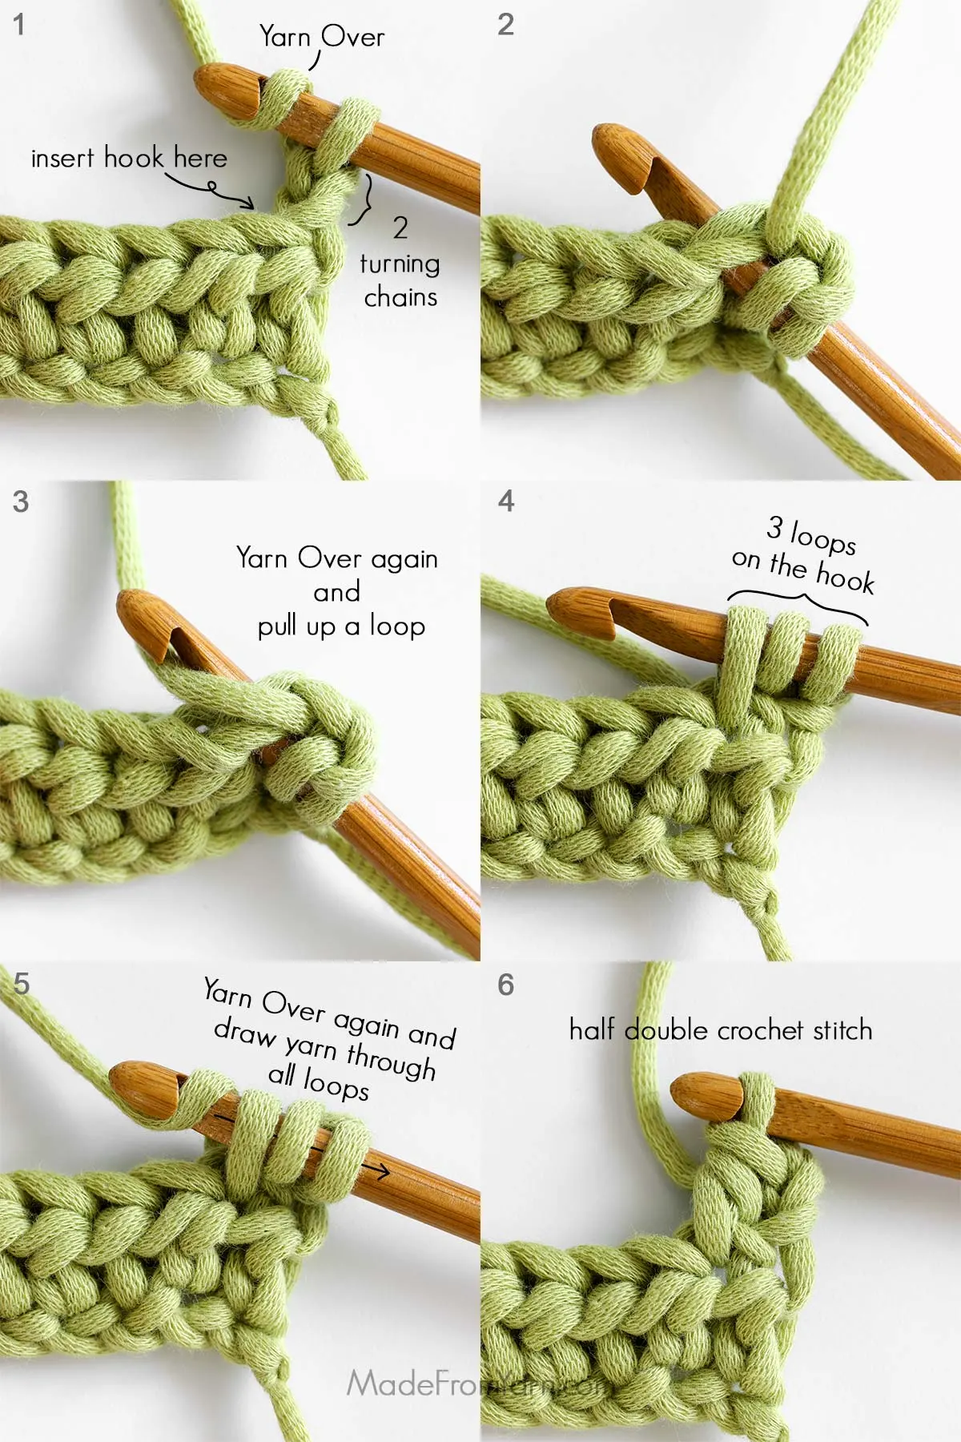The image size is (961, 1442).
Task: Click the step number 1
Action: coord(19,25)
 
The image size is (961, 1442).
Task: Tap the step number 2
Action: coord(505,25)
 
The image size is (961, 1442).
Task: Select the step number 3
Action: coord(21,502)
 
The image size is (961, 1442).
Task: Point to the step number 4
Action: coord(506,501)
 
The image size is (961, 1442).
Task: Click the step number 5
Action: coord(22,983)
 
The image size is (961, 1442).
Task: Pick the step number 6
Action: coord(506,985)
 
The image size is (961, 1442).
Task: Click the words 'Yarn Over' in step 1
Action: coord(321,37)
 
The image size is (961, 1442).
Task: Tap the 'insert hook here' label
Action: coord(129,158)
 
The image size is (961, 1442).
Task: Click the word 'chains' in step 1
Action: coord(400,298)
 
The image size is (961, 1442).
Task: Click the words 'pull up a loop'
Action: coord(341,626)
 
